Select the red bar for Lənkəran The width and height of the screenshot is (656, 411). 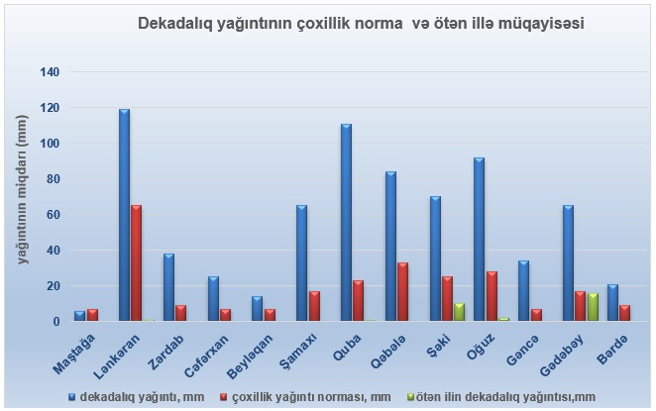click(x=137, y=263)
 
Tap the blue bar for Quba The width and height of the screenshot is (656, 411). click(x=347, y=223)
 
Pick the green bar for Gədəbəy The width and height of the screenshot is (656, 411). click(x=594, y=307)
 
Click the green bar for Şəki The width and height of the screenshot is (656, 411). click(x=460, y=312)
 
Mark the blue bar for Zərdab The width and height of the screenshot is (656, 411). click(x=169, y=287)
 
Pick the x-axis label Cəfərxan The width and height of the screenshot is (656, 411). click(x=204, y=353)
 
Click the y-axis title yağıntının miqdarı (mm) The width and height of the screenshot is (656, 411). click(x=22, y=189)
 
